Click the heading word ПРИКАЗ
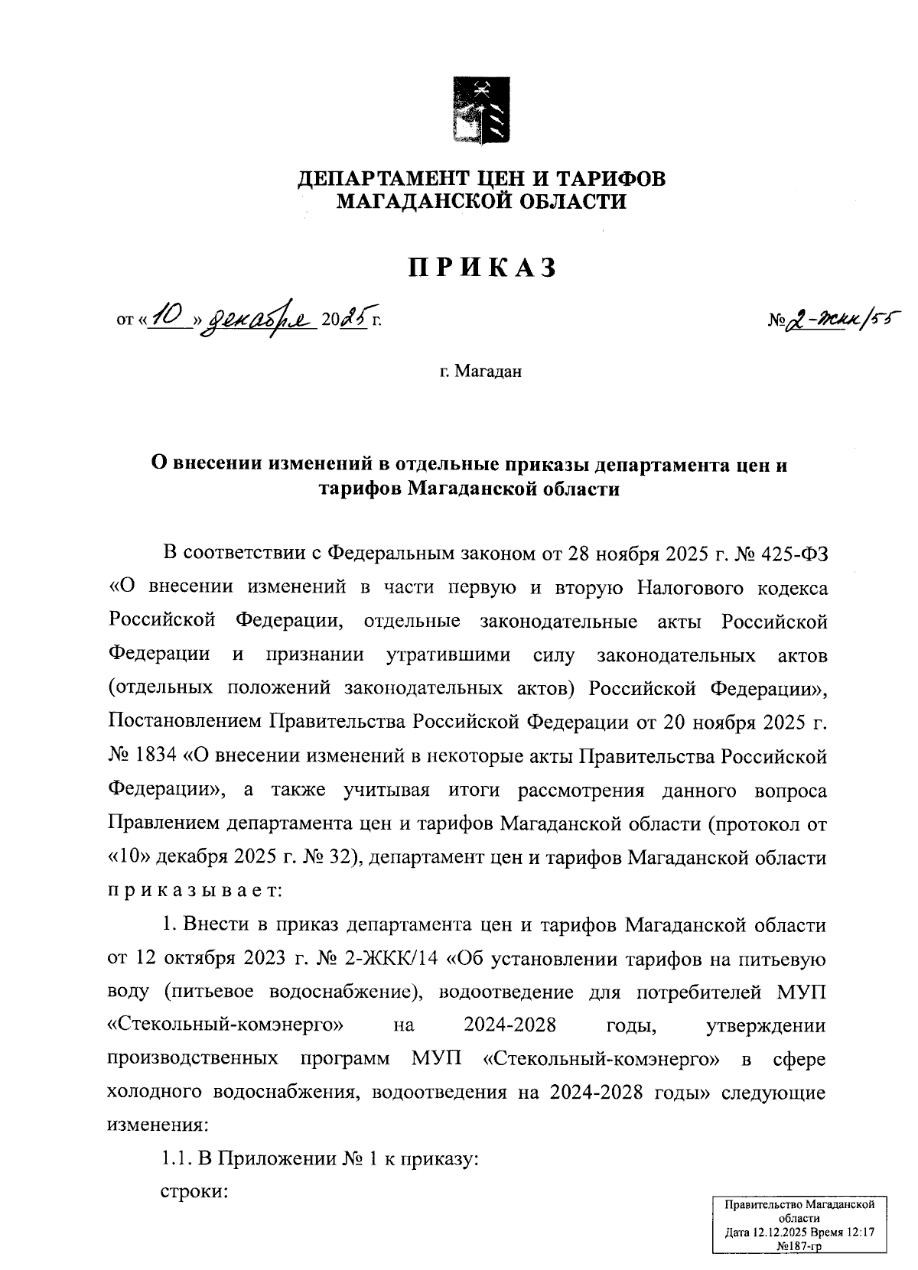pyautogui.click(x=481, y=268)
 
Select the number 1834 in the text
pyautogui.click(x=157, y=756)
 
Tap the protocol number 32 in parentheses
pyautogui.click(x=337, y=857)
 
